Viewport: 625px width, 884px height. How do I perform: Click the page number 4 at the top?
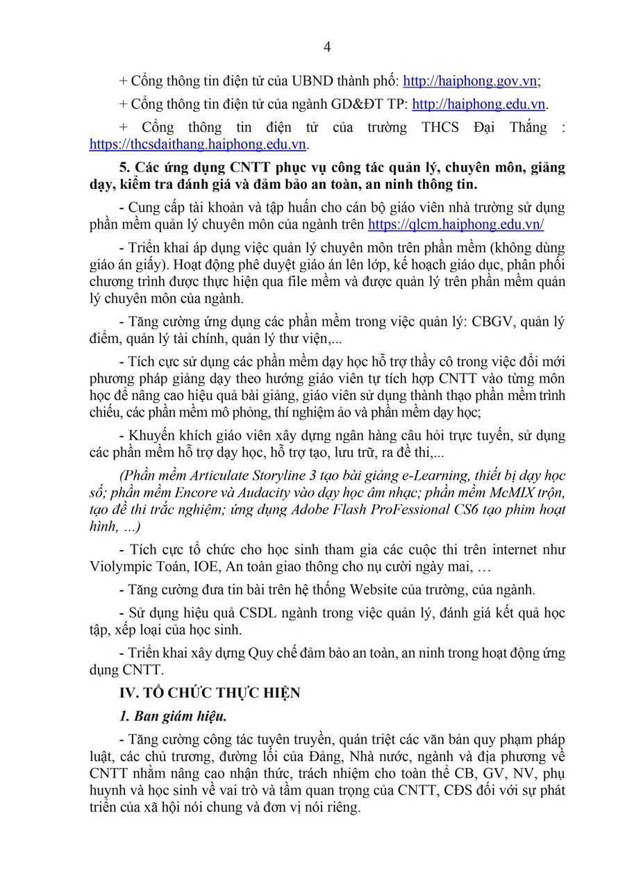(x=327, y=47)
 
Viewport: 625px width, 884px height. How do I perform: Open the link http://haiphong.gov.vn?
(x=469, y=81)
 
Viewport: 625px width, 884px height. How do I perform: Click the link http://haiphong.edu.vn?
(x=478, y=104)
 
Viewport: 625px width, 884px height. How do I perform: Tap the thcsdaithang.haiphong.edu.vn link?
(x=198, y=144)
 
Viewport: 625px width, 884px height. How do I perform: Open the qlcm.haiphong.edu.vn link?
(x=456, y=224)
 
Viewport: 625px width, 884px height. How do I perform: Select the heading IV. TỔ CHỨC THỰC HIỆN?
(x=210, y=693)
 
